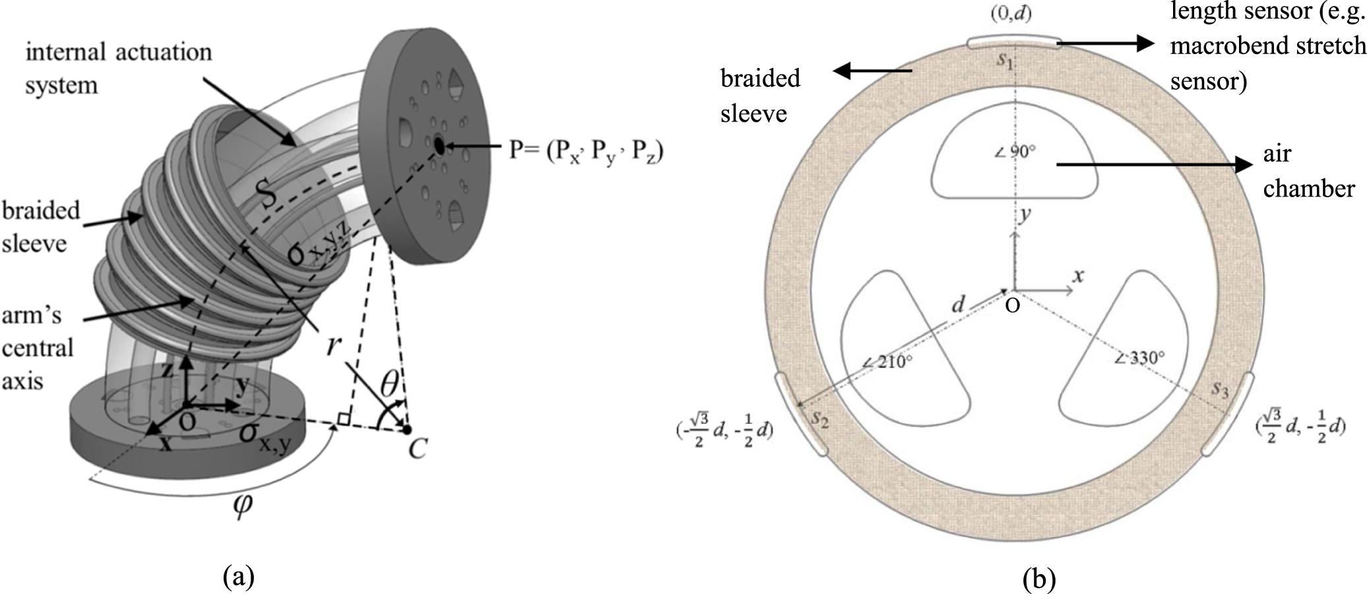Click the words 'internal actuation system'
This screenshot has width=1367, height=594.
119,68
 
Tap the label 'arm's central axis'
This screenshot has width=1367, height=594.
38,347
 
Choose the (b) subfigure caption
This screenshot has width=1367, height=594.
1038,579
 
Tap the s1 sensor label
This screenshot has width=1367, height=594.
1005,61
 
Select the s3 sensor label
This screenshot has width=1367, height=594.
1220,390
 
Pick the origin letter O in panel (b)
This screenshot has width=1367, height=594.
1013,306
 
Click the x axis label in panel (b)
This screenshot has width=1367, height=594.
1078,275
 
